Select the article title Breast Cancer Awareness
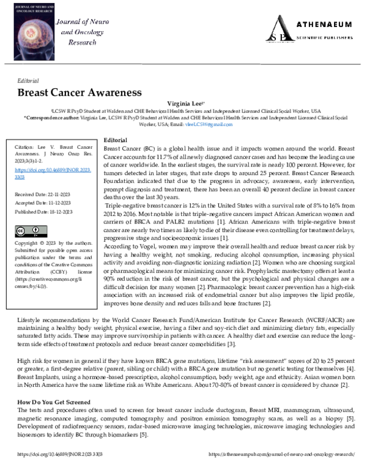[79, 92]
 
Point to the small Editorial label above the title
[28, 80]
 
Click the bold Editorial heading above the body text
[116, 140]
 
